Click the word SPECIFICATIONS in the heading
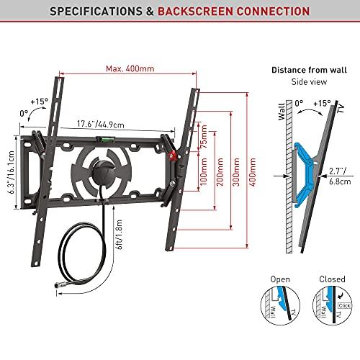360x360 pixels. point(78,12)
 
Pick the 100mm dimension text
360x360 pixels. point(204,174)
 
